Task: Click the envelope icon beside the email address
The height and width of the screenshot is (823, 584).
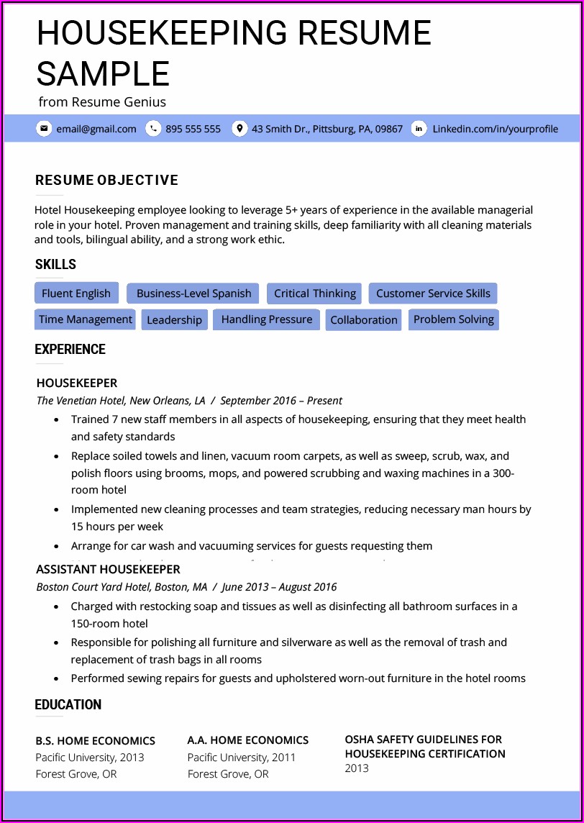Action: click(44, 129)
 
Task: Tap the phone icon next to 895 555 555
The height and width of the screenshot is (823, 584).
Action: click(152, 129)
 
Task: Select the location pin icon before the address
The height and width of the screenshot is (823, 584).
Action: click(239, 129)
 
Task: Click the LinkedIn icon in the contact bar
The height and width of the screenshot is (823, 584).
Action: click(419, 129)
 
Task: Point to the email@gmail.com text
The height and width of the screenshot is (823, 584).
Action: click(96, 129)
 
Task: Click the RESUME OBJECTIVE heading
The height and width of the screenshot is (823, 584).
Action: click(106, 180)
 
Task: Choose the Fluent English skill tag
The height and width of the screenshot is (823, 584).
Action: click(76, 294)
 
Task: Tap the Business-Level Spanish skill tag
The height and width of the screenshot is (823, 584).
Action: click(193, 294)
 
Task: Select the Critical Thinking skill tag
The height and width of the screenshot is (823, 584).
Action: click(315, 294)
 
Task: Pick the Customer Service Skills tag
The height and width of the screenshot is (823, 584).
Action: click(433, 294)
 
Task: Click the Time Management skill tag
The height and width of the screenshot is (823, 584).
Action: click(86, 319)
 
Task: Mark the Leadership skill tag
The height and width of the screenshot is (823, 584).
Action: click(174, 320)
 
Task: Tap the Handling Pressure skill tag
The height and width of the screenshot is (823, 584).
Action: click(267, 319)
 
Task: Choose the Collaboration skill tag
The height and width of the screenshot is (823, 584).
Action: click(364, 320)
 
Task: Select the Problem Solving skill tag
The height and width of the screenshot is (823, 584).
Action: click(454, 319)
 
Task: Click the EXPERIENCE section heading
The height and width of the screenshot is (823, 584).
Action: click(70, 350)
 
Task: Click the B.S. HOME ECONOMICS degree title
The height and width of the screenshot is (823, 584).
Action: click(96, 740)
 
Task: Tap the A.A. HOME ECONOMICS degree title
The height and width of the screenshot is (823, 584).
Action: click(247, 740)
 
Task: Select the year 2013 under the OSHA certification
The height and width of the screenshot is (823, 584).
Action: click(357, 768)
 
